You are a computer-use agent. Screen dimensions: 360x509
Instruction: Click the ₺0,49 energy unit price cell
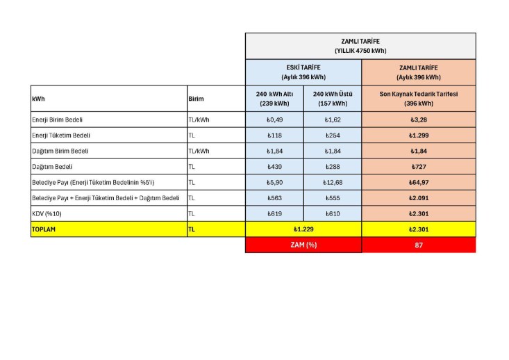[x=274, y=120]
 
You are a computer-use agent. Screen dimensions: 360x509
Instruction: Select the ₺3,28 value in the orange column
[x=418, y=120]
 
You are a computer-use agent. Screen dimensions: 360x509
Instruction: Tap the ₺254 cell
[x=332, y=136]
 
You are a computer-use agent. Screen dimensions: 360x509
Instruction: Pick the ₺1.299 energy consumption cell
[x=418, y=136]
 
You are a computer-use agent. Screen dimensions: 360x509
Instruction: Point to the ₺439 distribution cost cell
[x=274, y=167]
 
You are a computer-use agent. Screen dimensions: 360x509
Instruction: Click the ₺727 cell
[x=418, y=167]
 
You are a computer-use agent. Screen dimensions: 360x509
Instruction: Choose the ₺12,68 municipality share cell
[x=332, y=182]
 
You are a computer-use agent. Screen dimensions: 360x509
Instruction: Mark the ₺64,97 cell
[x=418, y=182]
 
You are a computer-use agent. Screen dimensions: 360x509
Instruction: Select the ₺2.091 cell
[x=418, y=198]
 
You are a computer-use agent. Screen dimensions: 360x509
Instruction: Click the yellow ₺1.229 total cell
[x=303, y=229]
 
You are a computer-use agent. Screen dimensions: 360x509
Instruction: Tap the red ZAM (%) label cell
[x=303, y=245]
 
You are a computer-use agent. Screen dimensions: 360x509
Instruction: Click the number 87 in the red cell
[x=418, y=245]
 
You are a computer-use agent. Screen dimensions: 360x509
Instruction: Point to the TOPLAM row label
[x=44, y=229]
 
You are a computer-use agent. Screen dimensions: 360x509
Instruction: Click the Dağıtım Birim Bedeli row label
[x=60, y=151]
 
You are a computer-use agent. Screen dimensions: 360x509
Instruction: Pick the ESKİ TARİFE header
[x=303, y=67]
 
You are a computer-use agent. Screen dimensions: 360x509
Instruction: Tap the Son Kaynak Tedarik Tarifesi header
[x=418, y=94]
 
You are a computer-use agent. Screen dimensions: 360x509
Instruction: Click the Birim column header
[x=197, y=99]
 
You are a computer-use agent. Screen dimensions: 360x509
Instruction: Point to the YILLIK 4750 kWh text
[x=360, y=51]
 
